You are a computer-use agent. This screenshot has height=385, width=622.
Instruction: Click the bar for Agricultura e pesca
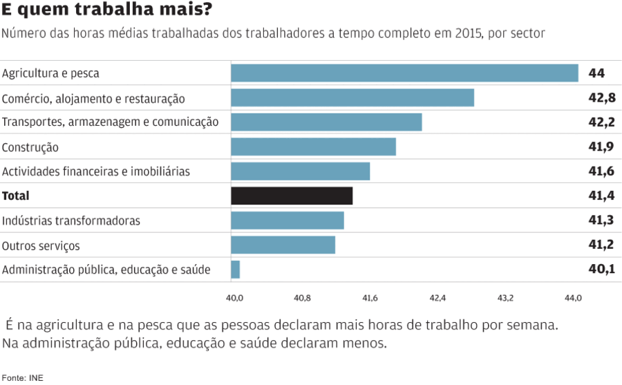(404, 73)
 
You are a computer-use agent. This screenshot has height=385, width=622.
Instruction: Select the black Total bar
(292, 196)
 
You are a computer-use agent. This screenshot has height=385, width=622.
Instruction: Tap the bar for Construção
(313, 147)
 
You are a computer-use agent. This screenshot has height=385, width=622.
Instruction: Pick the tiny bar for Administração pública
(236, 270)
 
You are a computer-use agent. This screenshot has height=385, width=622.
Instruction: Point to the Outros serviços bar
(283, 245)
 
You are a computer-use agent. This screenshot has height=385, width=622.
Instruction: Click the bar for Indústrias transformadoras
(287, 220)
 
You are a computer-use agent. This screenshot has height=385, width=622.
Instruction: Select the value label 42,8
(601, 97)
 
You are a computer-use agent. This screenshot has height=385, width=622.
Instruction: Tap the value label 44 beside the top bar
(596, 73)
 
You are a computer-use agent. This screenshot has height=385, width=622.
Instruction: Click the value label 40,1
(601, 270)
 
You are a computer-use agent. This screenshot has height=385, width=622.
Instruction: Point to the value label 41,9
(601, 147)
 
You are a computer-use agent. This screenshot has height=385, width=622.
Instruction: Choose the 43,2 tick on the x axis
(505, 299)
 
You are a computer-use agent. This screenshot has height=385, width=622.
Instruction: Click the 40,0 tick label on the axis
(234, 299)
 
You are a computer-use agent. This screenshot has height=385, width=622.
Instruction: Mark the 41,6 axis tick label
(370, 299)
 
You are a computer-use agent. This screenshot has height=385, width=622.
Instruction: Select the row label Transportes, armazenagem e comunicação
(110, 122)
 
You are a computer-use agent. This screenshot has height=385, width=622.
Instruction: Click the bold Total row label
(16, 196)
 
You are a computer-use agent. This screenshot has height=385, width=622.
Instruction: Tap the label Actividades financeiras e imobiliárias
(96, 171)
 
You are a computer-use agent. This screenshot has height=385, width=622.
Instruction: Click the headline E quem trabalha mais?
(107, 11)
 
